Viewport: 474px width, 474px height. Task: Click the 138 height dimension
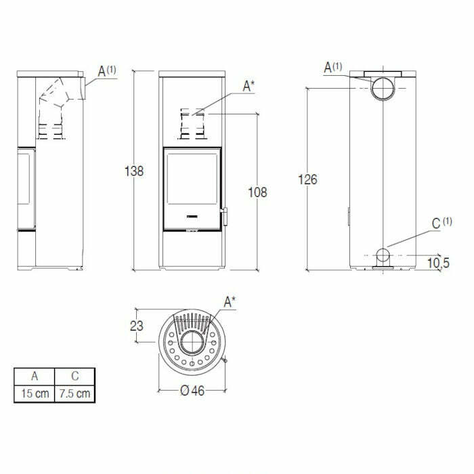point(135,171)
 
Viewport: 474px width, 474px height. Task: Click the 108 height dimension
point(257,192)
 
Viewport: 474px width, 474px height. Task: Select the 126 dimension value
point(307,179)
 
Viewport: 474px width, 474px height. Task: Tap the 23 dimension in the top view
point(136,326)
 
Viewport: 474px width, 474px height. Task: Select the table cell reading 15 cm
point(34,393)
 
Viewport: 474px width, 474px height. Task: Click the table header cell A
point(34,376)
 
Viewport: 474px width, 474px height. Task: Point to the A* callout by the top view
point(230,302)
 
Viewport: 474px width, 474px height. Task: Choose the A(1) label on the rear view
point(333,67)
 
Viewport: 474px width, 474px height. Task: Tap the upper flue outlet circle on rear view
point(383,88)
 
